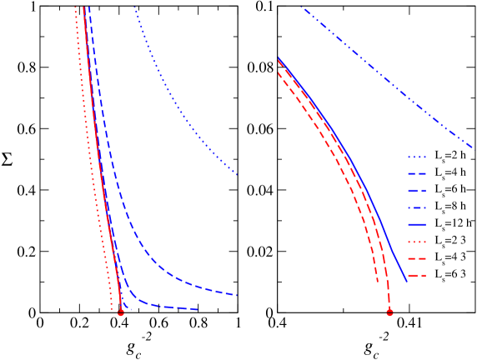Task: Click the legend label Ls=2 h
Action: coord(451,157)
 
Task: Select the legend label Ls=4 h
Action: coord(451,173)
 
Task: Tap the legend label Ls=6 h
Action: coord(451,190)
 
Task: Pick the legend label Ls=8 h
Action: coord(451,207)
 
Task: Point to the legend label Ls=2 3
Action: coord(451,241)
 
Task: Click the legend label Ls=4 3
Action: coord(451,257)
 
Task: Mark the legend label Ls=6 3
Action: coord(451,274)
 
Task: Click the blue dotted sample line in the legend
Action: coord(416,157)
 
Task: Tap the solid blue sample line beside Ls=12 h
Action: coord(416,224)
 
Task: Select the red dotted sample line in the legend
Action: coord(416,241)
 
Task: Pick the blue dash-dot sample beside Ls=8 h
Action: coord(416,207)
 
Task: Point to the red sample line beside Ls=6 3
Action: coord(416,274)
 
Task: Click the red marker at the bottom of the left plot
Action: coord(121,312)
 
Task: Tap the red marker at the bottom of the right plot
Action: coord(389,312)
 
